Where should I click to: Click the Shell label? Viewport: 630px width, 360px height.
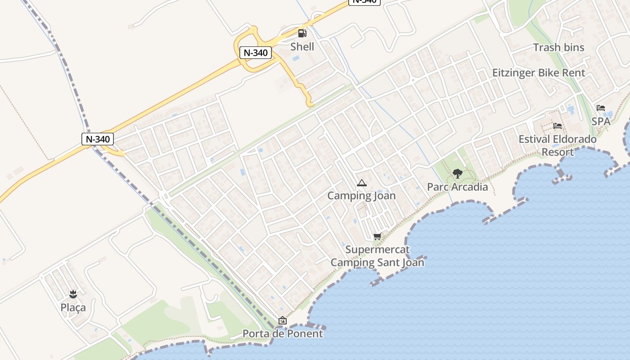pyautogui.click(x=302, y=46)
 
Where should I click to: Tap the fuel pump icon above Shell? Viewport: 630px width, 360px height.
pyautogui.click(x=302, y=33)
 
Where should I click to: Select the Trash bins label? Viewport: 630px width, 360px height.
pyautogui.click(x=558, y=47)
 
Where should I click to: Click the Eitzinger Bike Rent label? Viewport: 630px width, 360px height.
pyautogui.click(x=538, y=73)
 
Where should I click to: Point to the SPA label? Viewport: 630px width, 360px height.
pyautogui.click(x=601, y=121)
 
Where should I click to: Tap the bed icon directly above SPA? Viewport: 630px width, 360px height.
pyautogui.click(x=601, y=108)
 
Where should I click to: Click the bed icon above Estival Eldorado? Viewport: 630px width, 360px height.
pyautogui.click(x=558, y=126)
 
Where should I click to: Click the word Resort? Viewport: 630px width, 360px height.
pyautogui.click(x=558, y=152)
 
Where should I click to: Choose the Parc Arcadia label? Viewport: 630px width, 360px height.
pyautogui.click(x=457, y=187)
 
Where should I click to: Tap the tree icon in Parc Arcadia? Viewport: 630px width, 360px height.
pyautogui.click(x=457, y=173)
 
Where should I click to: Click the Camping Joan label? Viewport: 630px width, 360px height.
pyautogui.click(x=361, y=196)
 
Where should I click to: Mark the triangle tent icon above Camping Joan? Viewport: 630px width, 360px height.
pyautogui.click(x=361, y=183)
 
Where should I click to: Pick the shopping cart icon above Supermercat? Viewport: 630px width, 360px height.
pyautogui.click(x=377, y=236)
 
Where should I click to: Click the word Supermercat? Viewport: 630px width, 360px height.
pyautogui.click(x=378, y=249)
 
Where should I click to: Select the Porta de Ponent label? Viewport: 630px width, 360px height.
pyautogui.click(x=283, y=333)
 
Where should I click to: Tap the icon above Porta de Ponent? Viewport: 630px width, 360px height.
pyautogui.click(x=283, y=320)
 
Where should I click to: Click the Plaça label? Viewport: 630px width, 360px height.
pyautogui.click(x=73, y=308)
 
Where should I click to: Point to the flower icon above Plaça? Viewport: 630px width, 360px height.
pyautogui.click(x=73, y=295)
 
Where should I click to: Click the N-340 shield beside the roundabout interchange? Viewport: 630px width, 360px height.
pyautogui.click(x=256, y=53)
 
